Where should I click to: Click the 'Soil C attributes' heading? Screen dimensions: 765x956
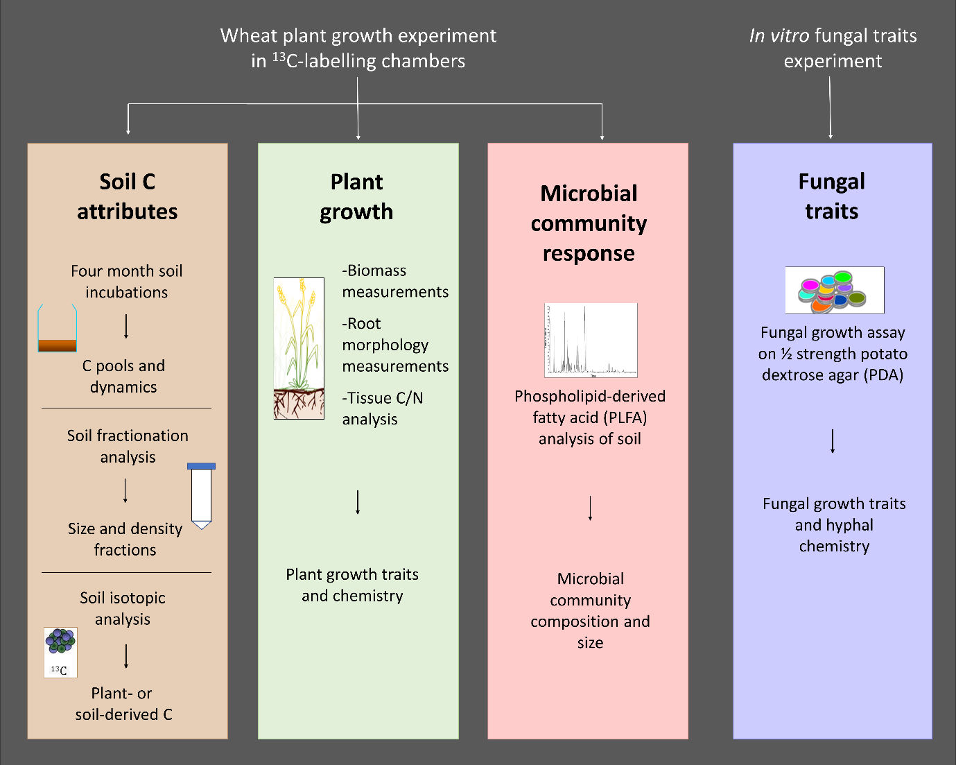click(x=128, y=196)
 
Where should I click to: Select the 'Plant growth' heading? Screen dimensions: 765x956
click(x=356, y=196)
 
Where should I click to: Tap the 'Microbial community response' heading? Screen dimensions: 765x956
click(x=589, y=223)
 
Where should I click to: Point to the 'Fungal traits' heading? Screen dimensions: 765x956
click(x=832, y=196)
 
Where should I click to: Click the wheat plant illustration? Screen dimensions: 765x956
click(x=299, y=348)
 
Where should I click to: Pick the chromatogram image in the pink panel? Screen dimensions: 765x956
click(x=591, y=340)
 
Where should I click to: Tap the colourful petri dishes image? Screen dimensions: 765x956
click(x=834, y=290)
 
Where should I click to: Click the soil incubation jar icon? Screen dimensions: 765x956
click(x=57, y=329)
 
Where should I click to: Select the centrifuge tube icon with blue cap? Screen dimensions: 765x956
click(x=201, y=495)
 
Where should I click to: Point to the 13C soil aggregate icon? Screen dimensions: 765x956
click(x=60, y=652)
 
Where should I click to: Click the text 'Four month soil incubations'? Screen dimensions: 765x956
click(x=127, y=282)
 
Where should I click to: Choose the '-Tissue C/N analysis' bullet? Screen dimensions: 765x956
click(x=382, y=409)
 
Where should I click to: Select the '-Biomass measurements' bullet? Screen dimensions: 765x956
click(x=394, y=281)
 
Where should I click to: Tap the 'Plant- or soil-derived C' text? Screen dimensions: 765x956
click(x=123, y=703)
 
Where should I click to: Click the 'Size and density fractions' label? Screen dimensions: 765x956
click(x=125, y=539)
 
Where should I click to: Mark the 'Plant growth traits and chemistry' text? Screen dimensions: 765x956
click(x=352, y=585)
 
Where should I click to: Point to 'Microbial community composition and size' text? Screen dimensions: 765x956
click(x=590, y=610)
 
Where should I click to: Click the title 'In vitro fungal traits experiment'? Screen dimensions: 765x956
click(x=833, y=48)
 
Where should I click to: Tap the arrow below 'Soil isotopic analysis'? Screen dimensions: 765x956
click(x=126, y=656)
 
